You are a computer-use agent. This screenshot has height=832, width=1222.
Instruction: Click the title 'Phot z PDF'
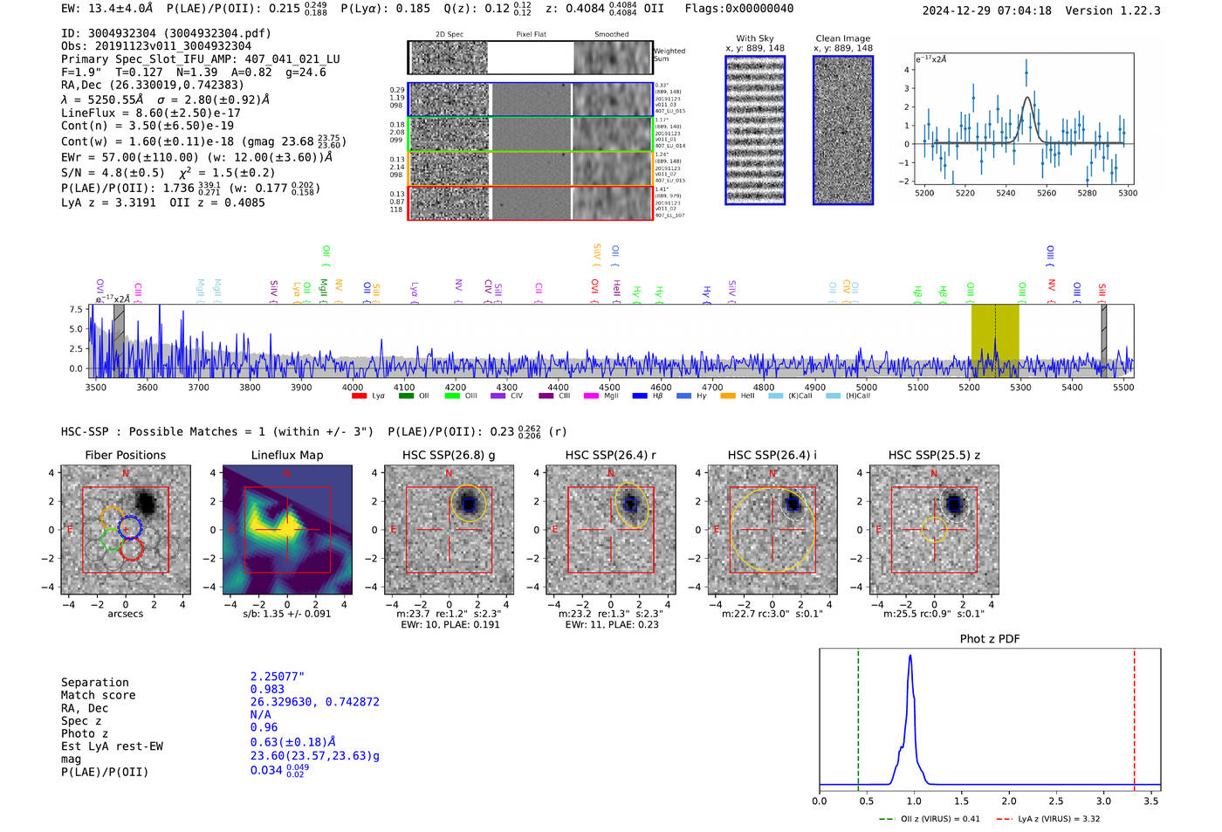[989, 638]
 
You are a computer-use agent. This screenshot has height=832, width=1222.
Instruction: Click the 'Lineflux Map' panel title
[286, 455]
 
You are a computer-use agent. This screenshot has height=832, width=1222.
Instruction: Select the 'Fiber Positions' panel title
[125, 455]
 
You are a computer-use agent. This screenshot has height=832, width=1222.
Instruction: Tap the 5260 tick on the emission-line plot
[1046, 193]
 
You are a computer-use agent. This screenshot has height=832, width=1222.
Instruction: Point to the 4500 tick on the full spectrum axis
[609, 387]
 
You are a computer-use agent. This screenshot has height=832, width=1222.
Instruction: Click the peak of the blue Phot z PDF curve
[910, 657]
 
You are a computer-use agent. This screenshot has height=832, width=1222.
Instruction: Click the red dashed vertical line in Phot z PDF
[1134, 716]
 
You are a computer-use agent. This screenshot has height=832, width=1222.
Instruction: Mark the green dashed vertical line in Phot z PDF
[858, 716]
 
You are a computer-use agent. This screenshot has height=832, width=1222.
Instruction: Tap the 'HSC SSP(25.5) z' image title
[934, 455]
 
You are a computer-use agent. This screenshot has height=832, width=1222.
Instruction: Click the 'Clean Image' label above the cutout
[842, 38]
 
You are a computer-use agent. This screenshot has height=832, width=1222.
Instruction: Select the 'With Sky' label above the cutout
[754, 38]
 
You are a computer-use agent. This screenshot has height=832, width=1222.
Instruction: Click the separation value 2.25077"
[277, 677]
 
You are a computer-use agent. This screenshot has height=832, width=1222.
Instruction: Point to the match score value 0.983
[267, 690]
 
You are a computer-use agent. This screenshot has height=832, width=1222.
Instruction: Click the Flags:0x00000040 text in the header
[738, 9]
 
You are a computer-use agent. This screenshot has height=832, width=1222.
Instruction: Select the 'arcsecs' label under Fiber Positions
[125, 614]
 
